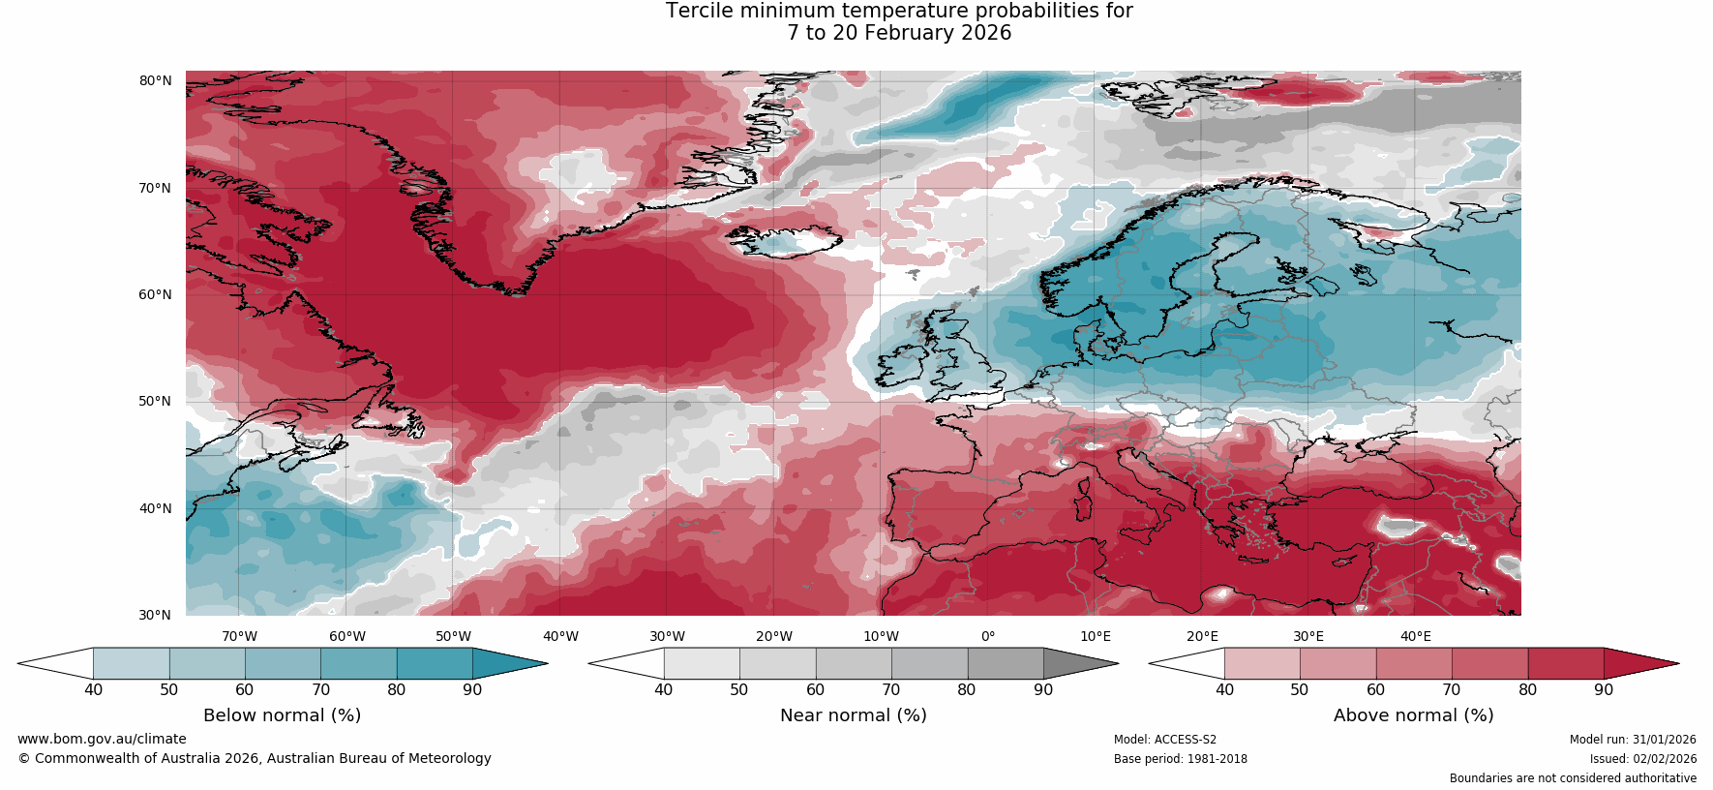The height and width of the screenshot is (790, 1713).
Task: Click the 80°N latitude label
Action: coord(155,80)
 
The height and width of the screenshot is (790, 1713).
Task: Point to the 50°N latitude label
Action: coord(155,401)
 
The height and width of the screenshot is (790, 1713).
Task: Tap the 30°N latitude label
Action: coord(155,615)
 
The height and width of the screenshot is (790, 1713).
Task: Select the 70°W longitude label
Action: coord(239,636)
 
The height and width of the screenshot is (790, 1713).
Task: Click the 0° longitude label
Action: coord(988,636)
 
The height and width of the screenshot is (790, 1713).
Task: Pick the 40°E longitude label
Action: coord(1415,636)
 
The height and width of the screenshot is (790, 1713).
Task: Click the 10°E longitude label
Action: coord(1096,636)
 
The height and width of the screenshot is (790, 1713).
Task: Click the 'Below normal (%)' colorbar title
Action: coord(282,715)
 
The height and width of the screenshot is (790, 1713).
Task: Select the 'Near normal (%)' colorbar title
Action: coord(853,715)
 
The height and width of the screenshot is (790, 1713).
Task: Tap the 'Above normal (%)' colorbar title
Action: coord(1413,715)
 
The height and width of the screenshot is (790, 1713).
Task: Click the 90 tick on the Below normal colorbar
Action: coord(472,690)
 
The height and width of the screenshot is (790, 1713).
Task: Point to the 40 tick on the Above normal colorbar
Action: coord(1224,690)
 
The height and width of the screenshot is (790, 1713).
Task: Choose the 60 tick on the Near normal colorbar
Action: coord(815,690)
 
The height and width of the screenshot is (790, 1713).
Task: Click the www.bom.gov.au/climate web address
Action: coord(102,739)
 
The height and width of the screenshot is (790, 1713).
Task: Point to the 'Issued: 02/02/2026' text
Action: coord(1642,759)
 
